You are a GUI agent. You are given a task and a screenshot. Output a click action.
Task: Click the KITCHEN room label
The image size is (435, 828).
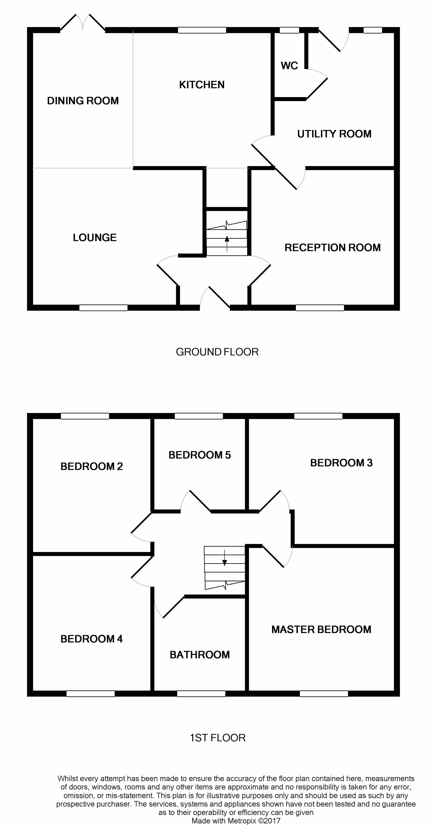tap(202, 85)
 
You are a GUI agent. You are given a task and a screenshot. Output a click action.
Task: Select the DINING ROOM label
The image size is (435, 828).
tap(83, 101)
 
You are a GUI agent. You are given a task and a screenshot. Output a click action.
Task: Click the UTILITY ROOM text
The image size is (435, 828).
tap(334, 134)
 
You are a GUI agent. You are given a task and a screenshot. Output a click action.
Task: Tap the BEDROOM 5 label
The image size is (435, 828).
tap(199, 455)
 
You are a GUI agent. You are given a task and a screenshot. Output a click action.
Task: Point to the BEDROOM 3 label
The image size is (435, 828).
tap(341, 463)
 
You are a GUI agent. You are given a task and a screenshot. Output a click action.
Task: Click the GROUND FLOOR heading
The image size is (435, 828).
tap(217, 352)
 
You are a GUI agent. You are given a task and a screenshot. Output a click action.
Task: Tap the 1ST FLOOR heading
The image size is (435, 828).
tap(217, 738)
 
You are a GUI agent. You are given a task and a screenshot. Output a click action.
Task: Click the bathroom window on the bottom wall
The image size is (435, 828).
tap(201, 693)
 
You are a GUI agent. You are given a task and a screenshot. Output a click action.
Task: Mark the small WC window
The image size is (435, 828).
tap(289, 30)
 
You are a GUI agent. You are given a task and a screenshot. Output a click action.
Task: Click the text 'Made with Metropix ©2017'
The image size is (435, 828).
tap(236, 821)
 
